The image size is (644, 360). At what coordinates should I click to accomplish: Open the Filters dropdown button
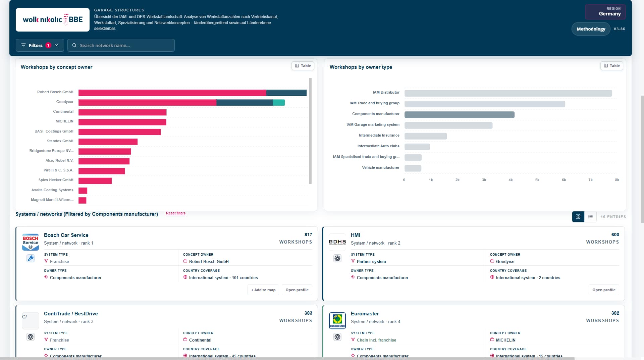pos(40,45)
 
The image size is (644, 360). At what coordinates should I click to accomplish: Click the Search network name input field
pos(121,45)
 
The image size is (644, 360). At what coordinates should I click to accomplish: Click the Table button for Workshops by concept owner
pos(303,66)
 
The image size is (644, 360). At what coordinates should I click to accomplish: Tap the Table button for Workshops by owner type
pos(612,66)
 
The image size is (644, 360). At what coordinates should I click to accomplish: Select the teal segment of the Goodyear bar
pos(279,103)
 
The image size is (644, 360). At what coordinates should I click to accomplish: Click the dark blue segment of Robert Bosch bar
pos(286,93)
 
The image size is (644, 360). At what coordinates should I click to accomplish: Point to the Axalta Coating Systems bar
pos(83,191)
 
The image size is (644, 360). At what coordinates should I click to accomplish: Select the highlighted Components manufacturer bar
pos(460,115)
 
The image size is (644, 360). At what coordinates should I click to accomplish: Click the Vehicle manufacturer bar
pos(413,168)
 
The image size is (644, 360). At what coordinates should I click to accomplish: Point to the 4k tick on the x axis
pos(511,180)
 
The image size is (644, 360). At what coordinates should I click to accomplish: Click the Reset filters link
pos(176,213)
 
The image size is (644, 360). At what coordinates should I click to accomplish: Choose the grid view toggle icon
pos(578,217)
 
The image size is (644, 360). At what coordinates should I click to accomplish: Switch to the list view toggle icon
pos(590,217)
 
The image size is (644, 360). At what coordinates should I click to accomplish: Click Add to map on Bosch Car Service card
pos(263,290)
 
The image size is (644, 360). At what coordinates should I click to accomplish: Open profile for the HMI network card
pos(604,290)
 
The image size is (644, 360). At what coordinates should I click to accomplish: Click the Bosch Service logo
pos(31,242)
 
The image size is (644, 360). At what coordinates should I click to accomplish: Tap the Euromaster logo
pos(337,321)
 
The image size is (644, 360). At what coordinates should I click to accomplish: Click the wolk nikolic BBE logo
pos(53,20)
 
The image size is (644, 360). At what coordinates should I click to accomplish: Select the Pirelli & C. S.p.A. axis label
pos(58,170)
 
